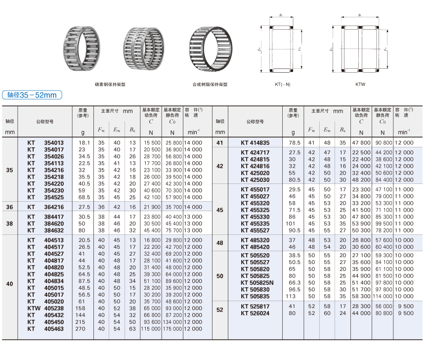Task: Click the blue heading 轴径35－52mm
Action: pyautogui.click(x=32, y=95)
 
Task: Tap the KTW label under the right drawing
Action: pyautogui.click(x=360, y=85)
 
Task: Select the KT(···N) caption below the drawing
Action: pyautogui.click(x=283, y=85)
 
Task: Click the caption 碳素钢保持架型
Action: pyautogui.click(x=110, y=85)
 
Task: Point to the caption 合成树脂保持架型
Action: pyautogui.click(x=210, y=85)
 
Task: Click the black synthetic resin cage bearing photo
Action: pyautogui.click(x=211, y=48)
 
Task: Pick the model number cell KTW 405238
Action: pyautogui.click(x=45, y=309)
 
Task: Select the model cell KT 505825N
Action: pyautogui.click(x=257, y=283)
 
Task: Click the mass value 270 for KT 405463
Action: pyautogui.click(x=80, y=329)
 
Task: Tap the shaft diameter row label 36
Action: pyautogui.click(x=9, y=207)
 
